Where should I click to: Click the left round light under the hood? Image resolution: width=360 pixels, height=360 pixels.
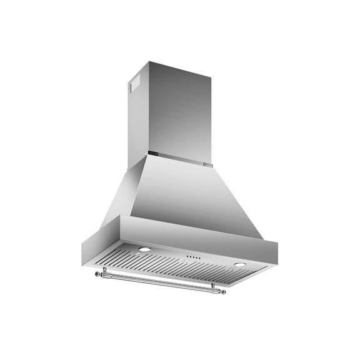click(144, 249)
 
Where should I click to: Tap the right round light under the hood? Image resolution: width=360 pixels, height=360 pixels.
click(239, 264)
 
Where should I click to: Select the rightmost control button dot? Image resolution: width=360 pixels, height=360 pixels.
click(199, 258)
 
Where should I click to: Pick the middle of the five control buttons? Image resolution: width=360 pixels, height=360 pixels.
click(192, 257)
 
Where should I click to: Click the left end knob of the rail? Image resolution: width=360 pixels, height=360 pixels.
click(97, 273)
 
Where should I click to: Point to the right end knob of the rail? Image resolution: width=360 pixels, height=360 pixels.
click(224, 292)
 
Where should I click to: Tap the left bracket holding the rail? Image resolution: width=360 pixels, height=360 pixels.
click(105, 270)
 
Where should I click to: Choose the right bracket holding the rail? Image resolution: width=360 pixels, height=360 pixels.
click(212, 287)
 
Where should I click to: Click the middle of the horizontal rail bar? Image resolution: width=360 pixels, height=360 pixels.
click(159, 281)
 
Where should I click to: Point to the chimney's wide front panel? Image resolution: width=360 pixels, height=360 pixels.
click(181, 112)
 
